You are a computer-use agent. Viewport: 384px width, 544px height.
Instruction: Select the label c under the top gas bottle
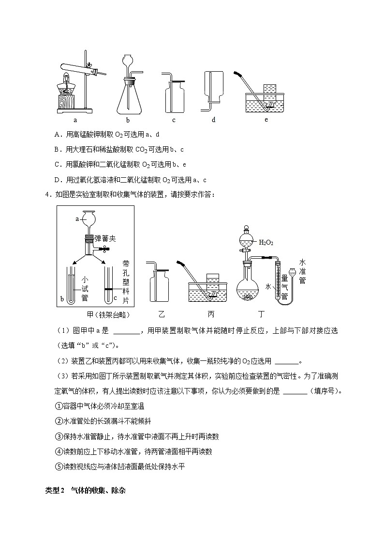[174, 120]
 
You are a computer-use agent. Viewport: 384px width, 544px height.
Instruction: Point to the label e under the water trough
[266, 120]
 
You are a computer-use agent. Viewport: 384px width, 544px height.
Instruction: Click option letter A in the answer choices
[57, 134]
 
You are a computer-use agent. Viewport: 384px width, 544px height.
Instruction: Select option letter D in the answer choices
[57, 180]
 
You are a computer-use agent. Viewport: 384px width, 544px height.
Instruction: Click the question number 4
[47, 195]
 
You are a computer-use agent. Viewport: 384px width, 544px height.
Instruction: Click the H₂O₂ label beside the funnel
[266, 242]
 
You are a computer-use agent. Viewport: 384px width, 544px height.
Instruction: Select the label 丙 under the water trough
[211, 314]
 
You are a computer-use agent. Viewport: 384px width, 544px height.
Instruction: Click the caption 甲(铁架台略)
[95, 314]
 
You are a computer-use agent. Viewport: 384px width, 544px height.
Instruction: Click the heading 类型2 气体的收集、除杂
[85, 490]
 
